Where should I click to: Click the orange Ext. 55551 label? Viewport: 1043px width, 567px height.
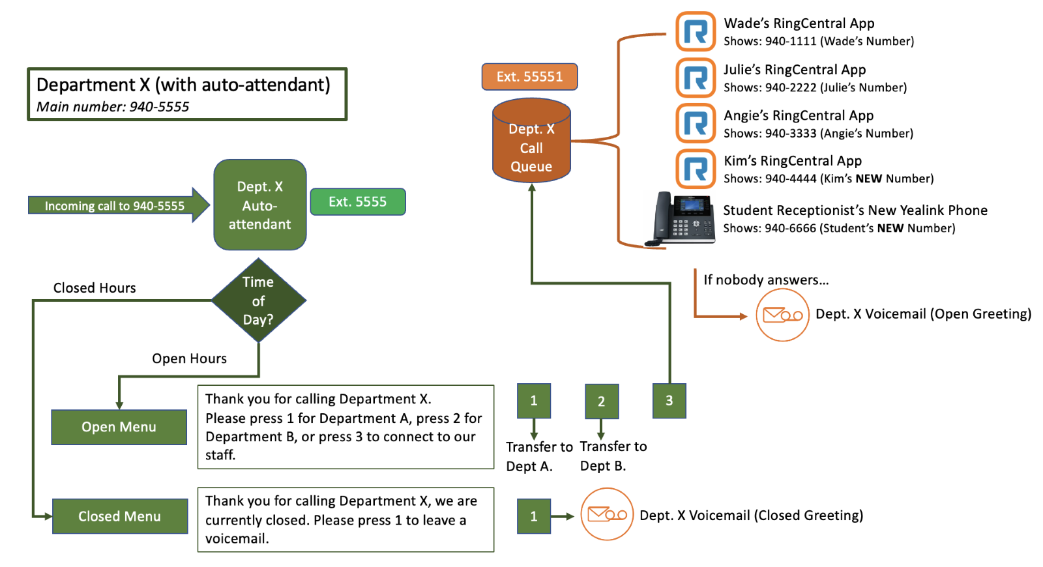point(529,77)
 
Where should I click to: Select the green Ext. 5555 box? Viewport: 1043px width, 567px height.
point(357,202)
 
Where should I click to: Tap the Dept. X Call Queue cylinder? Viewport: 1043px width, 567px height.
point(531,142)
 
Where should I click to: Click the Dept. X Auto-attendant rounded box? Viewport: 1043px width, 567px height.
point(260,205)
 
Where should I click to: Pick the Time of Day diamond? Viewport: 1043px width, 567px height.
point(259,300)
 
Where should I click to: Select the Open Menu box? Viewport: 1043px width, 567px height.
point(119,428)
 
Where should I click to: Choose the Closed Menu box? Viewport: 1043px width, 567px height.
point(120,517)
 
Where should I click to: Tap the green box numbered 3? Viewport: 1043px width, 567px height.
point(669,401)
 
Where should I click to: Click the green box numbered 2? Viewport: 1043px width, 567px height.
point(601,401)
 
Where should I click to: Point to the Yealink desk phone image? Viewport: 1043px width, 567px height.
point(680,219)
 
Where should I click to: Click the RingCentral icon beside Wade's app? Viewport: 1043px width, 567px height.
point(696,31)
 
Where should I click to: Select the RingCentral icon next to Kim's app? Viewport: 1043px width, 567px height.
point(696,169)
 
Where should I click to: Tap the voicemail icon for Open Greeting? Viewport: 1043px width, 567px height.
point(782,315)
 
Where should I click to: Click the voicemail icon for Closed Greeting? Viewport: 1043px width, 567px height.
point(607,515)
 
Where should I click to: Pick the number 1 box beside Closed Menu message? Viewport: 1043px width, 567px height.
point(533,516)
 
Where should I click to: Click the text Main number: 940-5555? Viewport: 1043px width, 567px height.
point(113,107)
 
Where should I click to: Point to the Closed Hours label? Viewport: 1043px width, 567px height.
point(95,288)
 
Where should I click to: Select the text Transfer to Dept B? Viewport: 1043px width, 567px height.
point(613,456)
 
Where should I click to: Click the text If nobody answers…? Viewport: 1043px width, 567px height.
point(766,280)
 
